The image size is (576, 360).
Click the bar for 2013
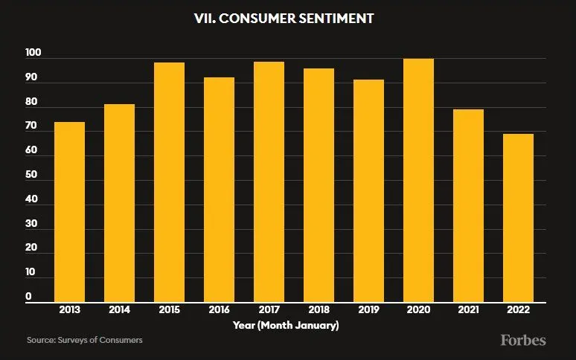coord(69,212)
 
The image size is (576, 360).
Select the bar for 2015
coord(169,182)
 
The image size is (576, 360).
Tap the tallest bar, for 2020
coord(418,180)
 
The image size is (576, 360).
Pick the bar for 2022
coord(518,218)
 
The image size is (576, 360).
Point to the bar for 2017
coord(269,182)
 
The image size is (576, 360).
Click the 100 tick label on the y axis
coord(33,54)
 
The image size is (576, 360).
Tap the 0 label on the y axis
coord(28,297)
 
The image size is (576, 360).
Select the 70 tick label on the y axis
coord(31,127)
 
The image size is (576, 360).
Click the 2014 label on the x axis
coord(119,310)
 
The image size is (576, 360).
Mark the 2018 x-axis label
coord(319,310)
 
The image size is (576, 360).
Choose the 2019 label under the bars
coord(368,310)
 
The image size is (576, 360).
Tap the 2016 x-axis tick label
coord(219,310)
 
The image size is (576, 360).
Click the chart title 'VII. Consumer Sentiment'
coord(288,17)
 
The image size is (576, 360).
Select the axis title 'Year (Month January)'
coord(286,325)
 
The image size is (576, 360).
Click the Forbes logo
coord(522,340)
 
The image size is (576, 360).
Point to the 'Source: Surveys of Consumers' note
coord(85,340)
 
